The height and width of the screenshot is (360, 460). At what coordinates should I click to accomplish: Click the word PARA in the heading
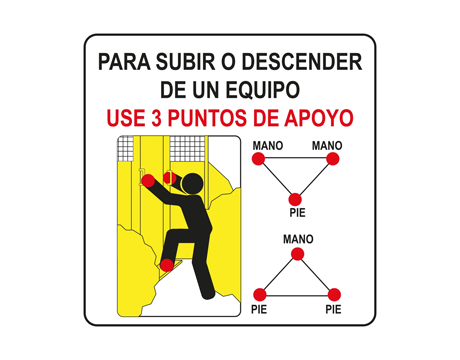[124, 62]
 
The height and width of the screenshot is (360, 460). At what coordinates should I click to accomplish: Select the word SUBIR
[186, 62]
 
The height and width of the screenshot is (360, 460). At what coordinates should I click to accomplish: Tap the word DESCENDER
[302, 62]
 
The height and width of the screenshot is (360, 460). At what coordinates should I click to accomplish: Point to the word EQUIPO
[263, 90]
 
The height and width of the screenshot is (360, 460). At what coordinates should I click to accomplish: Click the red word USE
[126, 118]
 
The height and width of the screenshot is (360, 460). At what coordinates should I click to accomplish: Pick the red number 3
[156, 118]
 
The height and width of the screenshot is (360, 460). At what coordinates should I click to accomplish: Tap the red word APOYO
[319, 118]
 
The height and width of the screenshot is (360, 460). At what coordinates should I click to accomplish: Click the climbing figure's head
[192, 184]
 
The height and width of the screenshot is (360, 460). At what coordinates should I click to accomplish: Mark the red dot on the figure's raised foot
[167, 265]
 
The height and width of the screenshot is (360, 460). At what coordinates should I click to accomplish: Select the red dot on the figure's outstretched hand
[148, 181]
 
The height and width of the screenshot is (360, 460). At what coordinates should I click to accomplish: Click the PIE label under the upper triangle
[297, 213]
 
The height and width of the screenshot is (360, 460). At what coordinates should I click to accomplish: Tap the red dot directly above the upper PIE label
[295, 200]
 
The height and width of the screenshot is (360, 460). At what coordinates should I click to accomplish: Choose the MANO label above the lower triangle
[298, 239]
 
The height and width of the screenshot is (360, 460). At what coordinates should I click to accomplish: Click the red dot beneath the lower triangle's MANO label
[298, 254]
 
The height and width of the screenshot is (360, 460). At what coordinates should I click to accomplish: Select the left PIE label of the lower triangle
[259, 309]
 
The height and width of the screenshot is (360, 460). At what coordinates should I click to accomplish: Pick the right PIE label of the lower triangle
[333, 309]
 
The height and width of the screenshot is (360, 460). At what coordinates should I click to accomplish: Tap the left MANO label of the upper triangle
[268, 146]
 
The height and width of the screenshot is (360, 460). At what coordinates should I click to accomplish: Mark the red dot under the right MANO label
[333, 159]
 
